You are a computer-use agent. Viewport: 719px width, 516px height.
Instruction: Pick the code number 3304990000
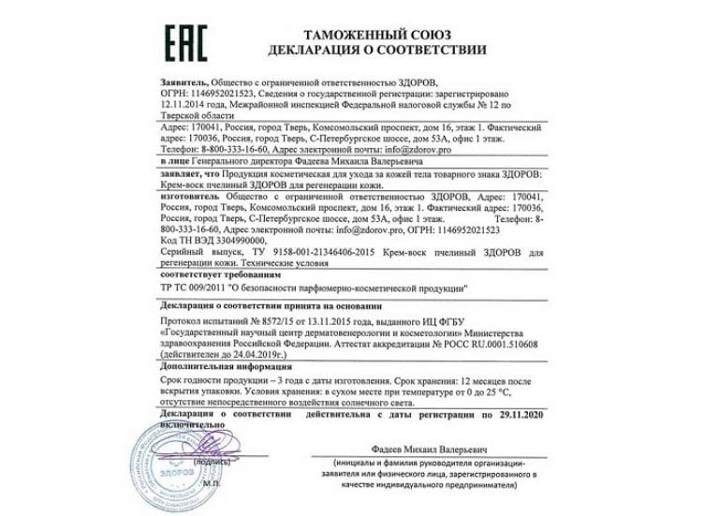[218, 239]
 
